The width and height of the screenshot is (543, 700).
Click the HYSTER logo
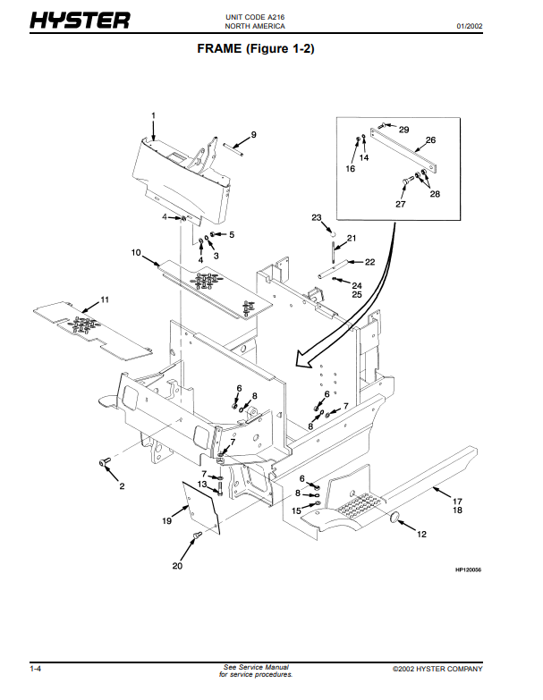pyautogui.click(x=80, y=20)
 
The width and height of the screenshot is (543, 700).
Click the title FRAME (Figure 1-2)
pyautogui.click(x=256, y=48)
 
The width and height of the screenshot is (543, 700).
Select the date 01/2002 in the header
pyautogui.click(x=470, y=26)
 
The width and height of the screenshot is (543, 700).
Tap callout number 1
pyautogui.click(x=153, y=115)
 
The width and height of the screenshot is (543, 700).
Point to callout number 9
pyautogui.click(x=254, y=134)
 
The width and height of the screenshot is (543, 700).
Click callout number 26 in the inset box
pyautogui.click(x=430, y=139)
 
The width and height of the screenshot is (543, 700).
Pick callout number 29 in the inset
pyautogui.click(x=403, y=130)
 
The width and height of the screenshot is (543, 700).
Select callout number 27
pyautogui.click(x=401, y=204)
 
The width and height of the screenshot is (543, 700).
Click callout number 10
pyautogui.click(x=136, y=252)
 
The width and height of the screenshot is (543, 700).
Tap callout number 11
pyautogui.click(x=105, y=299)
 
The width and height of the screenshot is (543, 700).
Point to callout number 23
pyautogui.click(x=316, y=217)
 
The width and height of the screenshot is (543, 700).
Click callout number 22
pyautogui.click(x=369, y=262)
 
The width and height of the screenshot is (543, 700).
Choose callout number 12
pyautogui.click(x=421, y=534)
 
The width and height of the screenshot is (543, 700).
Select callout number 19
pyautogui.click(x=166, y=520)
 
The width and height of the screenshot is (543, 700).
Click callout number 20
pyautogui.click(x=177, y=566)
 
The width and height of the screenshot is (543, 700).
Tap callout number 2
pyautogui.click(x=122, y=486)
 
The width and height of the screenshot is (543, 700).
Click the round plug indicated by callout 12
pyautogui.click(x=395, y=518)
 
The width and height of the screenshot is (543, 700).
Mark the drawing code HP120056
pyautogui.click(x=468, y=569)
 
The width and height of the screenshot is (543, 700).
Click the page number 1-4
pyautogui.click(x=35, y=669)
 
